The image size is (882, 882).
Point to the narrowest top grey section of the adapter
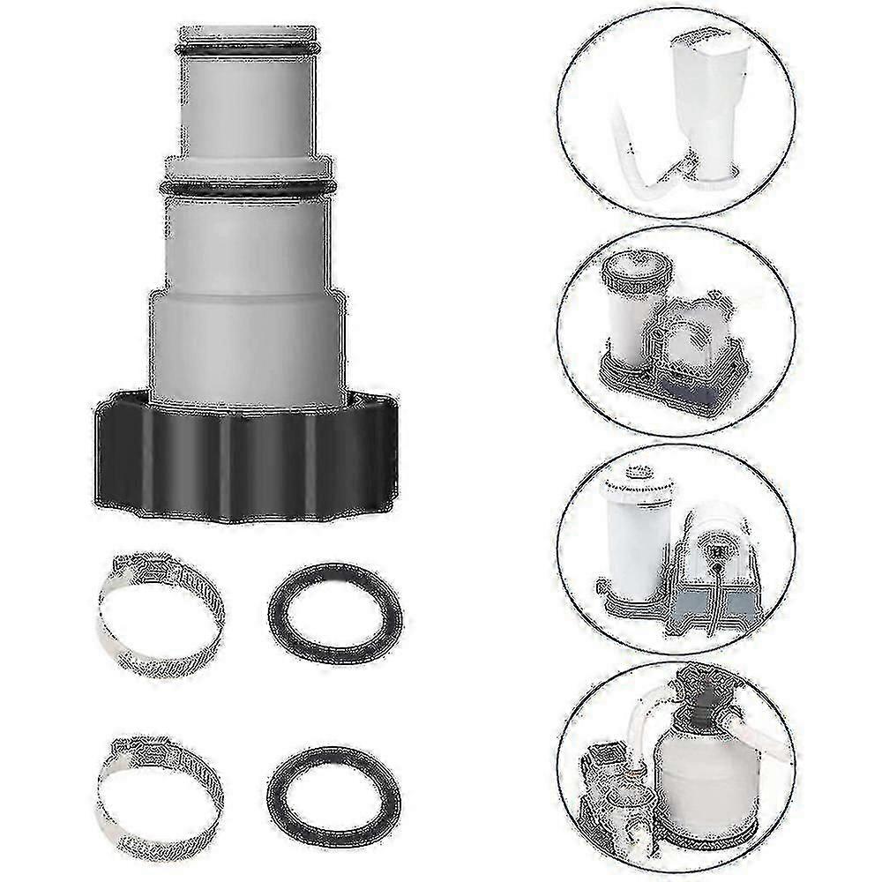coord(248,106)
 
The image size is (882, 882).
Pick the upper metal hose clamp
coord(160,609)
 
